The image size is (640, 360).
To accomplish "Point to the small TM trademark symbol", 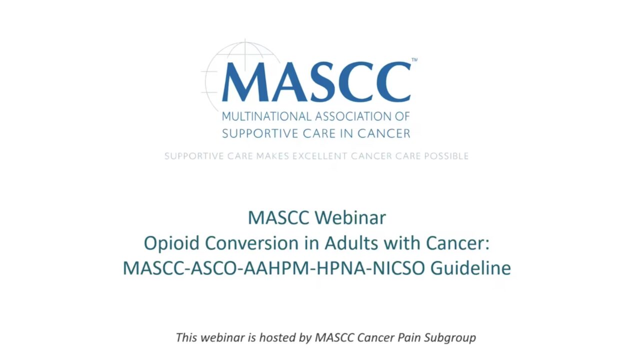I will click(x=414, y=60).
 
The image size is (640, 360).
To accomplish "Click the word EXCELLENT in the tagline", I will click(x=319, y=156).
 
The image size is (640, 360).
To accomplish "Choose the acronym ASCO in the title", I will click(x=215, y=268).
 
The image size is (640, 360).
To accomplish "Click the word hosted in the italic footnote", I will click(x=277, y=337).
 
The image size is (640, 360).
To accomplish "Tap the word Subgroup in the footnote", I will click(x=450, y=338).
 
